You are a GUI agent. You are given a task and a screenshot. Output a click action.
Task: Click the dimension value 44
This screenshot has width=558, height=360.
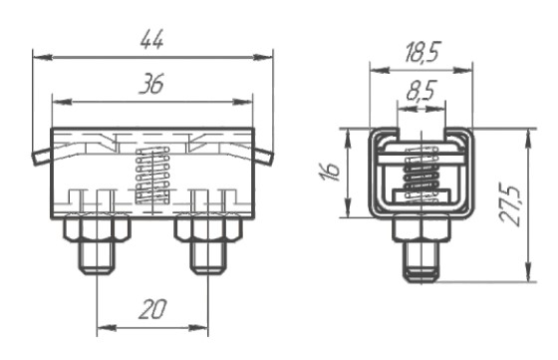click(151, 39)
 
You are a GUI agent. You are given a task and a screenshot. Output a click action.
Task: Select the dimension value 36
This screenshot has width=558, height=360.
click(151, 84)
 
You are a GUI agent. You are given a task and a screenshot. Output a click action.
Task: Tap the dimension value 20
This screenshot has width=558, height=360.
click(152, 309)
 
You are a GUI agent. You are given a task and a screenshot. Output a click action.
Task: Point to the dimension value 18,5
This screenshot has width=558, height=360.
click(422, 52)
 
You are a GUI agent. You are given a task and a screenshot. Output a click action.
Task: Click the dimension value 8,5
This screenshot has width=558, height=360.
click(420, 91)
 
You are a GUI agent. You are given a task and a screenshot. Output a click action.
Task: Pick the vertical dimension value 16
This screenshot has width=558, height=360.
click(330, 172)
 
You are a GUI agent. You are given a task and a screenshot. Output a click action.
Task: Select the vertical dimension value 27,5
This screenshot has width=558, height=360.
click(509, 204)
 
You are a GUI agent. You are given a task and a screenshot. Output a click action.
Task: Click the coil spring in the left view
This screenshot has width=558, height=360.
click(152, 176)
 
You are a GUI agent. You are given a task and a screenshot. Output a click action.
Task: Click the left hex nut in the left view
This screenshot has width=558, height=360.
click(97, 228)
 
